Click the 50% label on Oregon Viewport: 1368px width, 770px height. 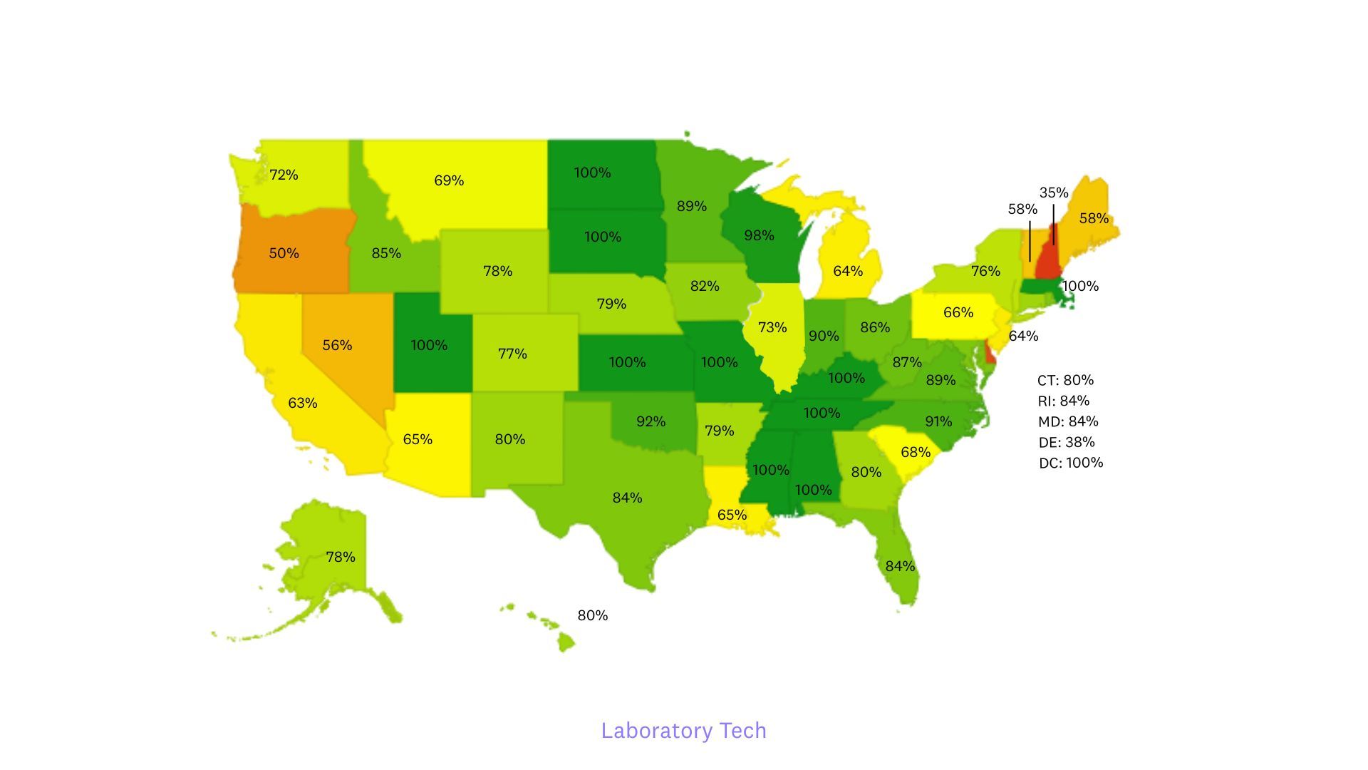(284, 253)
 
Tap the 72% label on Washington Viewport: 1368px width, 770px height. (284, 175)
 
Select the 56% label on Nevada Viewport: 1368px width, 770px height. (337, 345)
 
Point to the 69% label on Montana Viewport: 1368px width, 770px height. (449, 180)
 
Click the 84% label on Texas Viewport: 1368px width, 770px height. (627, 498)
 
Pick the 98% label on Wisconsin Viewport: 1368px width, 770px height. (759, 235)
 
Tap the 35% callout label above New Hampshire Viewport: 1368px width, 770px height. (1053, 192)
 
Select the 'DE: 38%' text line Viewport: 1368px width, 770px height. (1066, 442)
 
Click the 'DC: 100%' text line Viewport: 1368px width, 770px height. (1070, 463)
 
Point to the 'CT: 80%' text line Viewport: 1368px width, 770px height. (1065, 380)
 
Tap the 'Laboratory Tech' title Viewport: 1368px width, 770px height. (683, 730)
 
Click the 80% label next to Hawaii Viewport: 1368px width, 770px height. (592, 615)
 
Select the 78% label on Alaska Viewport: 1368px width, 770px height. (341, 557)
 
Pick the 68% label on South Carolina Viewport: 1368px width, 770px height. (915, 452)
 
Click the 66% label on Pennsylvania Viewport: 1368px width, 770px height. (958, 312)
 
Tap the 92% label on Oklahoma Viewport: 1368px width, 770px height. (651, 421)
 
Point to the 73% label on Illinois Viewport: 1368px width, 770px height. (772, 327)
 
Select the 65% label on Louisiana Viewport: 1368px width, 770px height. (732, 515)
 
